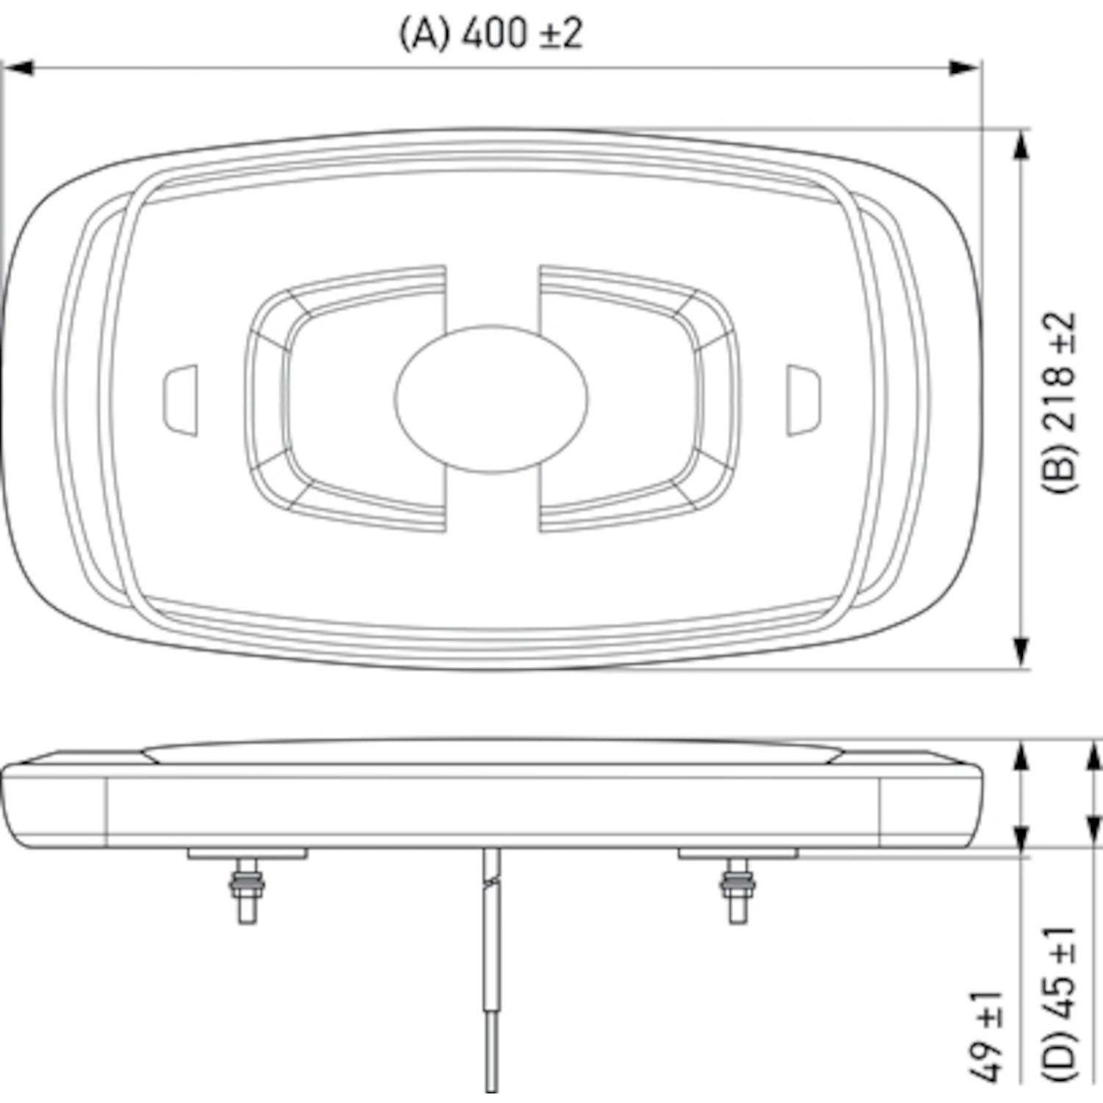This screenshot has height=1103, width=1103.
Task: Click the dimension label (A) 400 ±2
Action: (491, 34)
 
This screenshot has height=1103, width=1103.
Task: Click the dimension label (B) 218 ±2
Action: (1060, 402)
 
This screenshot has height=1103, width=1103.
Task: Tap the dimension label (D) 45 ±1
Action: (1060, 1004)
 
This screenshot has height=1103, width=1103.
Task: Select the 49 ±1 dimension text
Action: (986, 1037)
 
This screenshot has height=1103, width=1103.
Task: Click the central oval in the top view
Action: (491, 399)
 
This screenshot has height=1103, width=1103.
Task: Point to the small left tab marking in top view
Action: (180, 400)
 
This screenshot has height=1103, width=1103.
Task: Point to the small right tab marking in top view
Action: (804, 400)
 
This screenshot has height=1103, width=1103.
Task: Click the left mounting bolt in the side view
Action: (248, 891)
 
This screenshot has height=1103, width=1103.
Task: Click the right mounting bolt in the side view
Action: (738, 891)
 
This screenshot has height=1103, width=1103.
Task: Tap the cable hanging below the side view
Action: (492, 971)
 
